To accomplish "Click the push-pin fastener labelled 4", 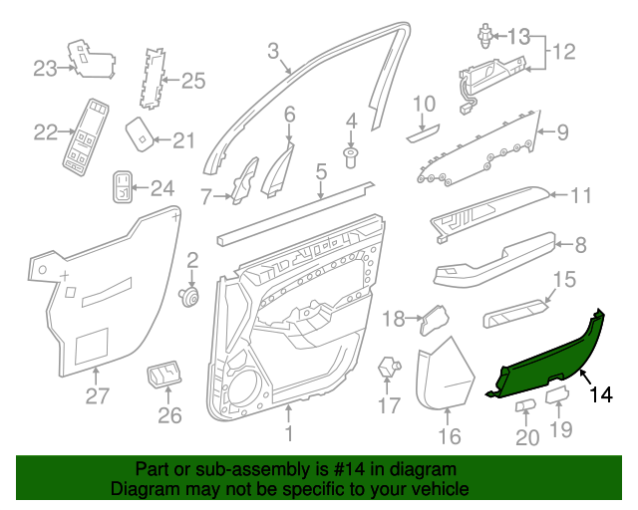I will click(351, 155).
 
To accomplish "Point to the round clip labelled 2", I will click(189, 295).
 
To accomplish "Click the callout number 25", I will click(192, 80).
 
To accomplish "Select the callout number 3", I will click(273, 49).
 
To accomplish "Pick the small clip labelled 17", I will click(388, 370).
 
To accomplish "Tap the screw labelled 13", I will click(483, 37).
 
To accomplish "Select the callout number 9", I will click(561, 130).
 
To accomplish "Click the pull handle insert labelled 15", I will click(515, 316).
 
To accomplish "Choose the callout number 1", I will click(289, 434).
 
